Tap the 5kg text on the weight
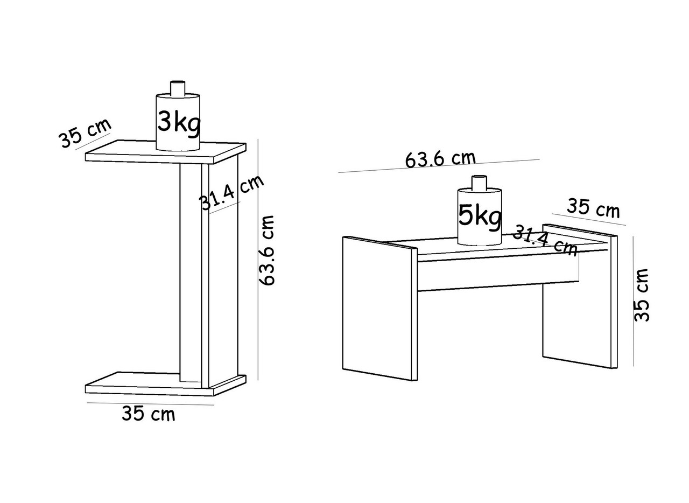(480, 216)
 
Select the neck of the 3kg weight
(178, 88)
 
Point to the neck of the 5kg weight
(479, 183)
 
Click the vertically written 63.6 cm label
(267, 250)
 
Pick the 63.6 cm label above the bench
(440, 159)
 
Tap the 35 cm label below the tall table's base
(149, 414)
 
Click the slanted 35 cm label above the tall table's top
(85, 132)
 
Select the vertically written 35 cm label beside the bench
(642, 295)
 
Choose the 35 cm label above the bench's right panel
(593, 208)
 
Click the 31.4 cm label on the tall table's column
(231, 192)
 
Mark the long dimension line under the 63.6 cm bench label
(439, 166)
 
